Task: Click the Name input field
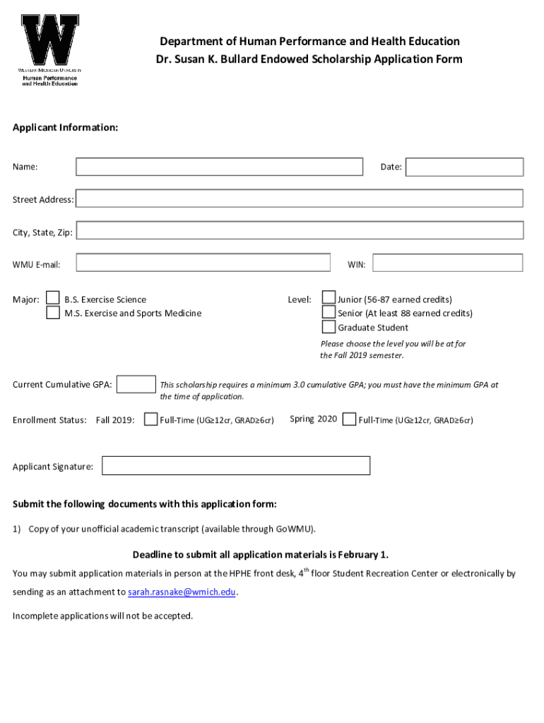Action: [x=219, y=167]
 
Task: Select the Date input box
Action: [x=464, y=167]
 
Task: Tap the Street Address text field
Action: [x=299, y=199]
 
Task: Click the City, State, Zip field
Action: [x=299, y=231]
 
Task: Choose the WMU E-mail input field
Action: [x=203, y=263]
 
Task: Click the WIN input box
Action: [x=447, y=263]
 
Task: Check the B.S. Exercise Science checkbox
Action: [x=53, y=299]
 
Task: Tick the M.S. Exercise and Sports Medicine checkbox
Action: [x=53, y=313]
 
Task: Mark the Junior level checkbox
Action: [x=329, y=299]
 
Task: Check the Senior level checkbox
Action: [x=329, y=312]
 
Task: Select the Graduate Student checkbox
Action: [x=329, y=327]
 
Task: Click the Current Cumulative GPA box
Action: [x=136, y=385]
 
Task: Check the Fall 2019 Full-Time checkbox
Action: [x=150, y=419]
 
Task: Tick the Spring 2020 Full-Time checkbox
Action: [x=349, y=419]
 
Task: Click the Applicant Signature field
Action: [x=236, y=466]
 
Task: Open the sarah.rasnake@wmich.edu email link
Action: [x=182, y=592]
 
